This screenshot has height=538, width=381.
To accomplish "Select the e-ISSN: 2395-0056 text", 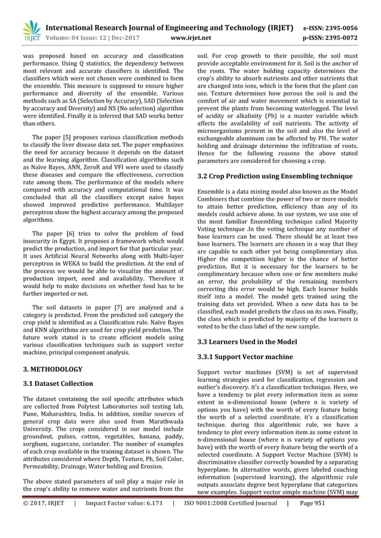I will tap(339, 27).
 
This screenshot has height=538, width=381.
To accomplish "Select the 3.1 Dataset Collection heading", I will tap(57, 384).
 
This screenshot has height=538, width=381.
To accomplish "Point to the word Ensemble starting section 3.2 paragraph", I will tap(213, 191).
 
